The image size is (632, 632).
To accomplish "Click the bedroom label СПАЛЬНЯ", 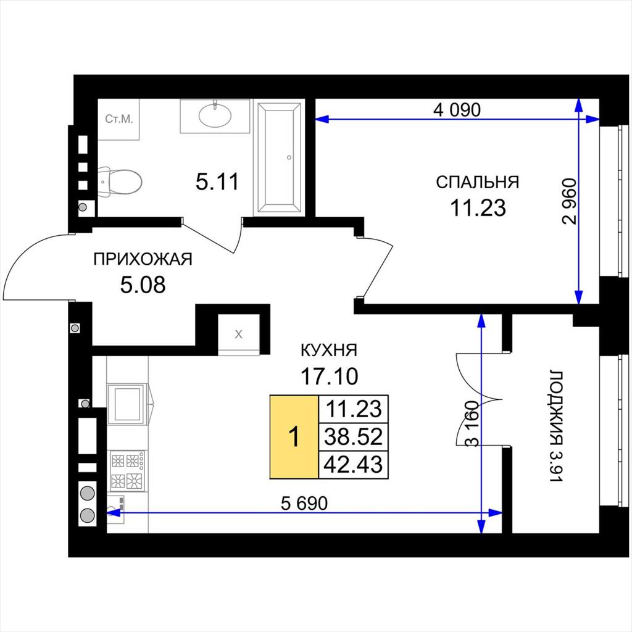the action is pos(477,182).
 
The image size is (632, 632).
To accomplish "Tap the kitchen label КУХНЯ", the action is pos(329,351).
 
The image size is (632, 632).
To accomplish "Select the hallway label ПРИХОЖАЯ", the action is pos(143,259).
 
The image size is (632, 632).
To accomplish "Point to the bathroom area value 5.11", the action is pos(217,181).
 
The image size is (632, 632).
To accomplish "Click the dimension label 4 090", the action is pos(457,109).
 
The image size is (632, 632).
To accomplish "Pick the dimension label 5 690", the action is pos(304,503).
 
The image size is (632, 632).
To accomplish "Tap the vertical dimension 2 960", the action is pos(570,201).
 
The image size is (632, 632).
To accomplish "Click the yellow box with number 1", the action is pos(294,437).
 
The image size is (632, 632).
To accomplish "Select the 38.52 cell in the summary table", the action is pos(354,437).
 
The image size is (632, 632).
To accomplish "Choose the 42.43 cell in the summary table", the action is pos(354,465).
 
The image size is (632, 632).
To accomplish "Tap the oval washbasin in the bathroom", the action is pos(215,115).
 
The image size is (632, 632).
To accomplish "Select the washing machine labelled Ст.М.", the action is pos(118,119).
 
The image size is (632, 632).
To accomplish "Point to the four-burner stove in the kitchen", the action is pos(127,471).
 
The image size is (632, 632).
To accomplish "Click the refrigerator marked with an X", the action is pos(239,335).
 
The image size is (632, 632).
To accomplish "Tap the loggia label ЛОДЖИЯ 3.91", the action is pos(555,426).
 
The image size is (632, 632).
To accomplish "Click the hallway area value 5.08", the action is pos(143,285).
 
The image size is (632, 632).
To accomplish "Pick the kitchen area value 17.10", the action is pos(330,376).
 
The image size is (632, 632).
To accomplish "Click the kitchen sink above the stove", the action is pos(126,404).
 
